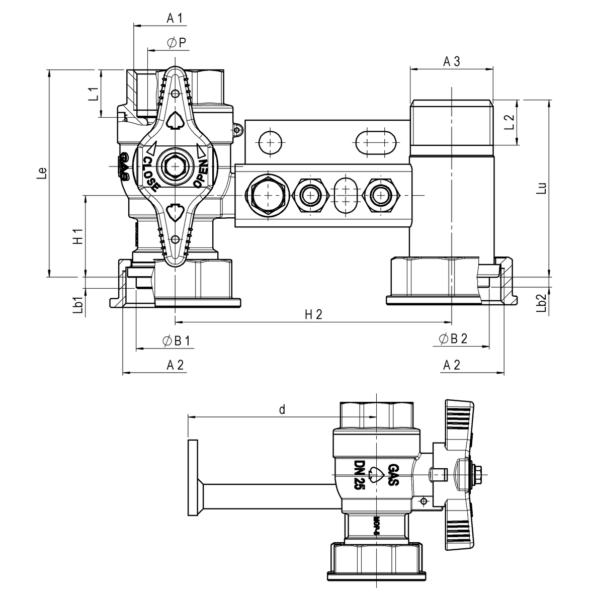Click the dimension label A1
(x=175, y=19)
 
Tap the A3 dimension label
(x=451, y=61)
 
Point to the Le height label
(x=43, y=173)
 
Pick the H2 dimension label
(x=313, y=315)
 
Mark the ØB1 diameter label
(x=176, y=341)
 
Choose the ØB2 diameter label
(x=453, y=340)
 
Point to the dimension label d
(x=282, y=410)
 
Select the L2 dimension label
(x=509, y=123)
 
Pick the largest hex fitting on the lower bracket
(x=268, y=195)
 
